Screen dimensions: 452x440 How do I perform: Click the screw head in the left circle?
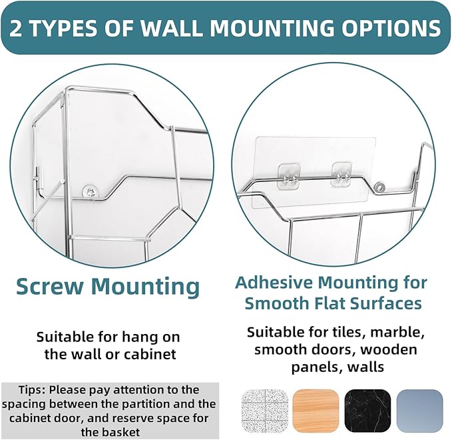pos(91,191)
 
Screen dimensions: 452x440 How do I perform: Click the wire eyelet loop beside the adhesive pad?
pos(379,186)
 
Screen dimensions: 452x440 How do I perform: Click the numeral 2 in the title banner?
pos(16,28)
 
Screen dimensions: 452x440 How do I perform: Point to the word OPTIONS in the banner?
pos(393,28)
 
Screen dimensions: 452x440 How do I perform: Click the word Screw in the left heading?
pos(51,287)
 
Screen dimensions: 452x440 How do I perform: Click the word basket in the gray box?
pos(122,433)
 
